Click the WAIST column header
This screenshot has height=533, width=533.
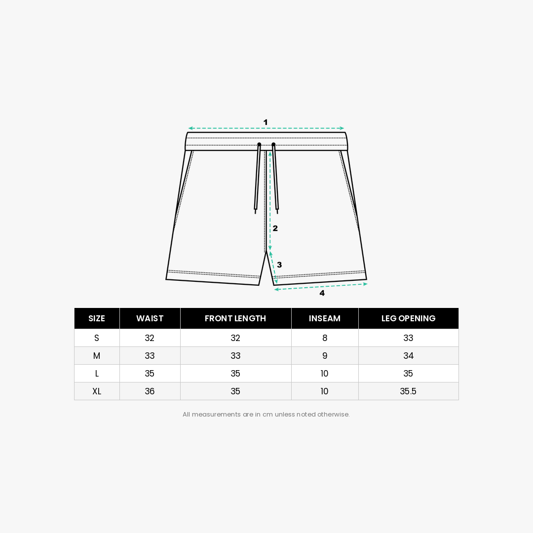pyautogui.click(x=150, y=318)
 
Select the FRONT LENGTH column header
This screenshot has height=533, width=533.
pyautogui.click(x=235, y=318)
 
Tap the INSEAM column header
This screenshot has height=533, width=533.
pyautogui.click(x=325, y=318)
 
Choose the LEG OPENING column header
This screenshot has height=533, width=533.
pyautogui.click(x=408, y=318)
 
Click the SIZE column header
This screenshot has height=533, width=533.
pyautogui.click(x=97, y=318)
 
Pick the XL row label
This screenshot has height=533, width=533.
pyautogui.click(x=97, y=391)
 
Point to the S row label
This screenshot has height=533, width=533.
pyautogui.click(x=97, y=338)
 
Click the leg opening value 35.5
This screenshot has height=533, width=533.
pyautogui.click(x=408, y=391)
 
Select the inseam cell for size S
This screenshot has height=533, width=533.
pyautogui.click(x=325, y=338)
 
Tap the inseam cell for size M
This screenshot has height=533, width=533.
pyautogui.click(x=325, y=356)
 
